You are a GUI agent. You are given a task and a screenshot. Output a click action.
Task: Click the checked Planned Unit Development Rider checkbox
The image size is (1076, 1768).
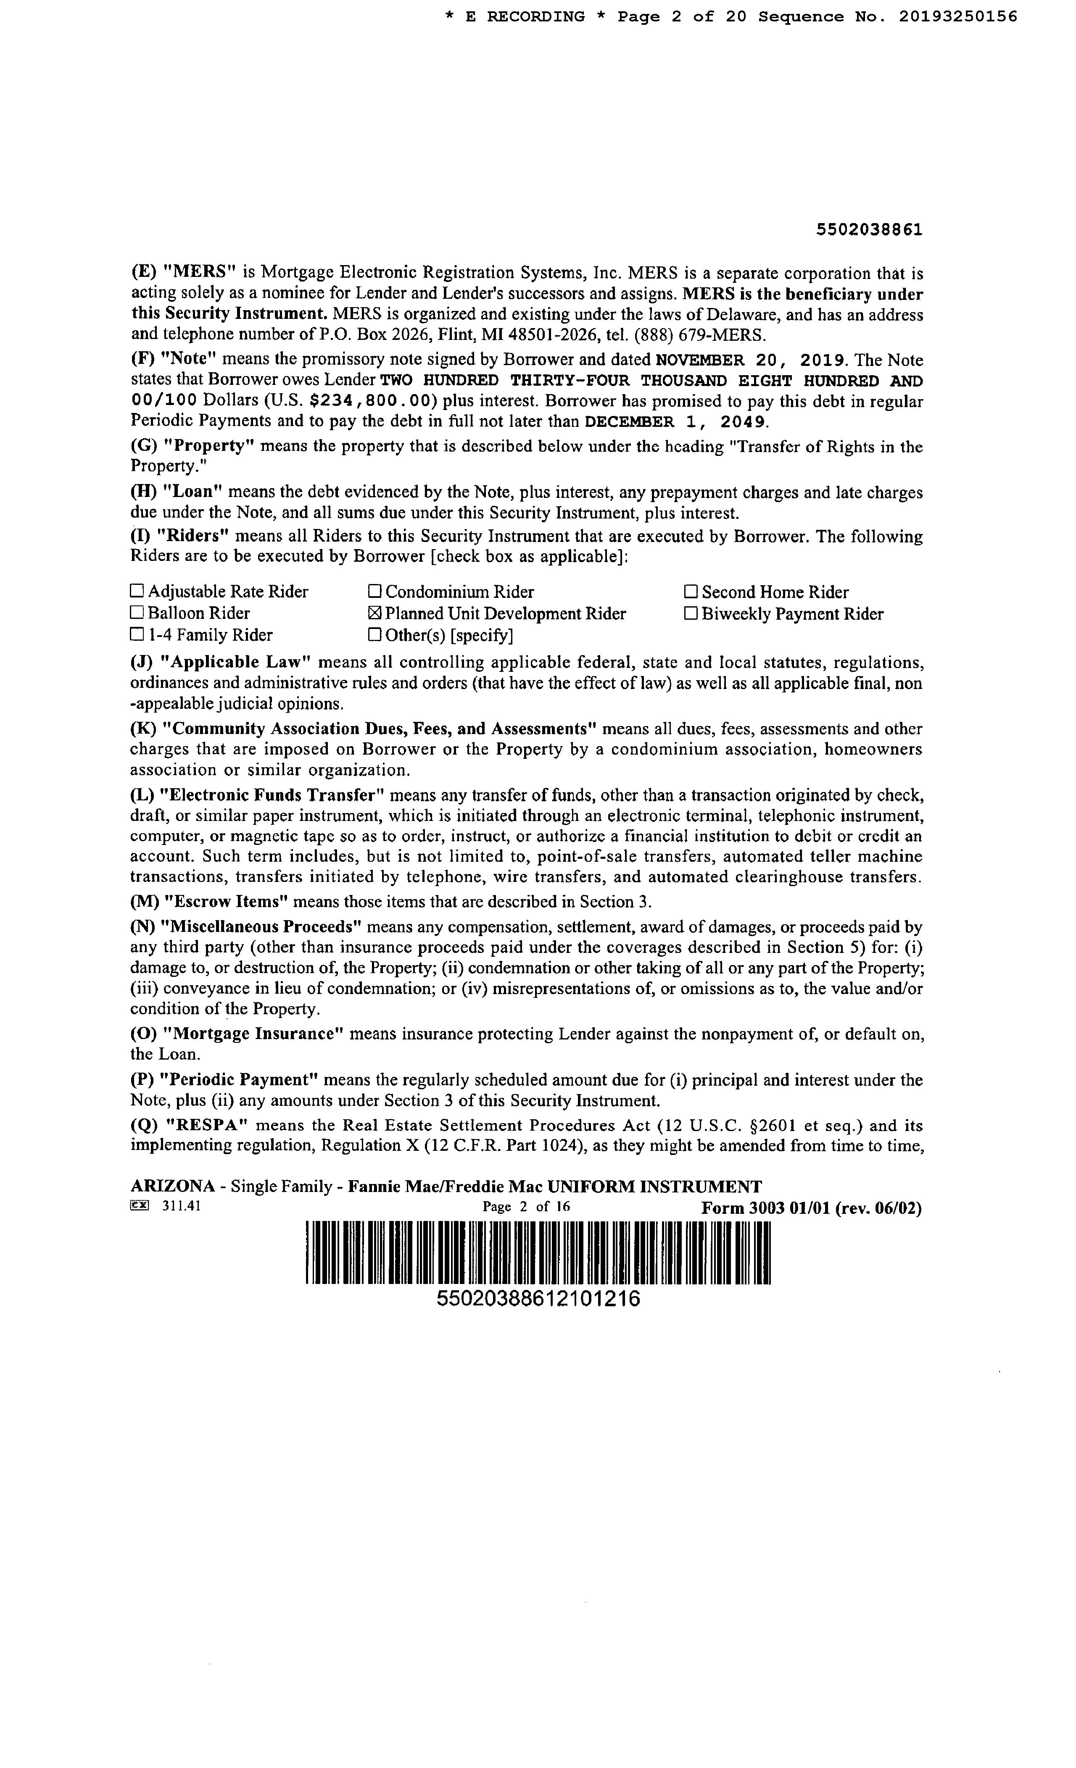point(374,613)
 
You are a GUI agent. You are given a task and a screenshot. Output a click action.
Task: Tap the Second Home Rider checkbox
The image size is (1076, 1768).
point(691,592)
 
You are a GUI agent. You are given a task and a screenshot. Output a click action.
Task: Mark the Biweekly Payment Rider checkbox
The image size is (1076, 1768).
point(691,613)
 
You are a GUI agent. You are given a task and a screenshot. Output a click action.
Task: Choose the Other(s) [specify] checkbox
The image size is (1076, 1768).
point(374,635)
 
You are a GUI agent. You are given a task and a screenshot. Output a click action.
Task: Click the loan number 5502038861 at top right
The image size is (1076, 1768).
point(869,229)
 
